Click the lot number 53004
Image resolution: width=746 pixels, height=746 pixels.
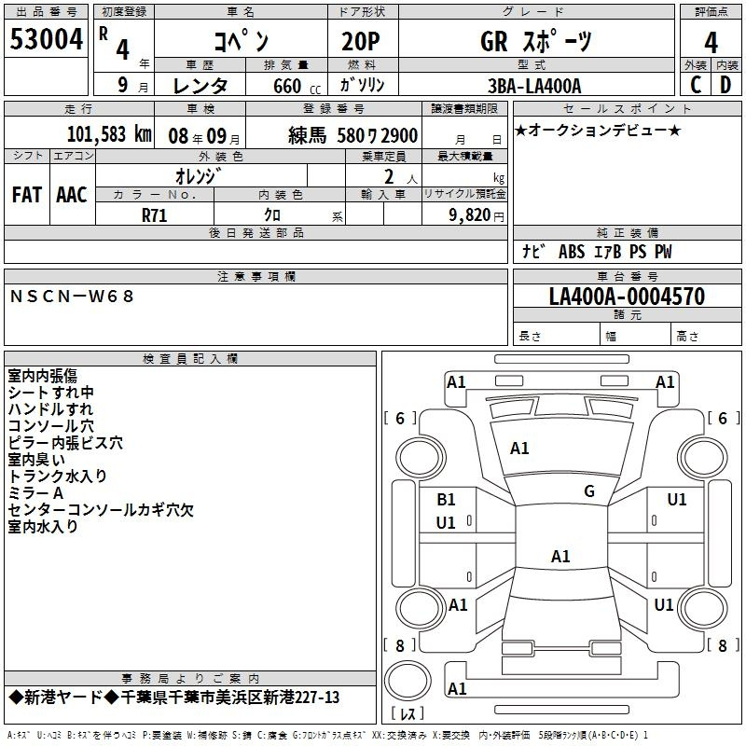pos(46,41)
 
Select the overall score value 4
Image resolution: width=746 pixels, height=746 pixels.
pos(711,43)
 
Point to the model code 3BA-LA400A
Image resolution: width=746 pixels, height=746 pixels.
pos(534,86)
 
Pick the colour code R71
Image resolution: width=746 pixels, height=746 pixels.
pos(155,214)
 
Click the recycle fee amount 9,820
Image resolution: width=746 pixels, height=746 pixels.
pos(471,214)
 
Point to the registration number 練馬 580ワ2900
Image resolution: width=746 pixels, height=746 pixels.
pos(352,134)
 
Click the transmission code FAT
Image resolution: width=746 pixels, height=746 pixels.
pos(26,194)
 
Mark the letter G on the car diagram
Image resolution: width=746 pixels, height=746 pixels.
pos(589,491)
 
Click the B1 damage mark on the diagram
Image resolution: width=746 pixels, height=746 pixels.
pos(447,500)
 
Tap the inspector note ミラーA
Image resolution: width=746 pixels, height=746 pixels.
pos(35,492)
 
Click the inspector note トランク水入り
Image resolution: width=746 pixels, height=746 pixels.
pos(58,476)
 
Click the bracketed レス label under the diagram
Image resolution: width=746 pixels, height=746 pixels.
pos(408,714)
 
